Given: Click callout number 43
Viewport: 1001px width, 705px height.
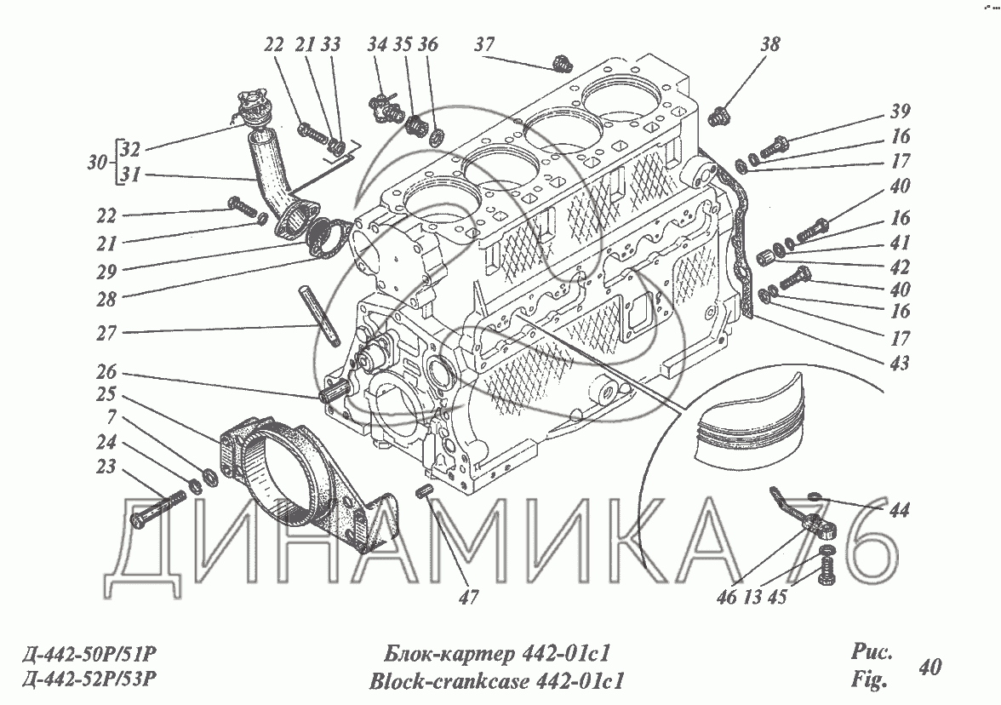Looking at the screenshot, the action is (x=899, y=364).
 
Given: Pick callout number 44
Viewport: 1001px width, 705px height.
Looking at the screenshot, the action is (x=898, y=510).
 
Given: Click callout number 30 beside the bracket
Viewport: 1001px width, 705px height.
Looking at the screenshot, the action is (x=100, y=161).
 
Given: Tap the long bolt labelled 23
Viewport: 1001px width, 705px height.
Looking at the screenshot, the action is (x=157, y=507).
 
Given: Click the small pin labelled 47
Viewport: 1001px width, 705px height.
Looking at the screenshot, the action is (x=426, y=492).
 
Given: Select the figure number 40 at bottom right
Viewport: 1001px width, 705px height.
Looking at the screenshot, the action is (x=929, y=667).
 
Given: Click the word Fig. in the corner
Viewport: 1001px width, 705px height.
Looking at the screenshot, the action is (x=868, y=680).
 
